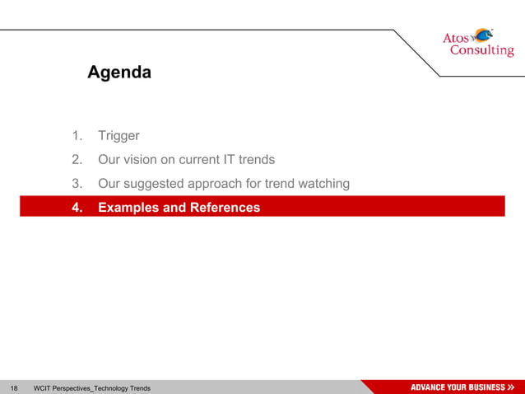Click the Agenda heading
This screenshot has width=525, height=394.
click(119, 73)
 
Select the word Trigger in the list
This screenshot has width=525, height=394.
click(118, 136)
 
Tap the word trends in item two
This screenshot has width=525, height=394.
click(257, 160)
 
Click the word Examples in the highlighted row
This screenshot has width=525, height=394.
click(128, 208)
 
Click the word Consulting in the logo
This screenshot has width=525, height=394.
click(481, 51)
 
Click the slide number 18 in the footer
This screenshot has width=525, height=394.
click(14, 387)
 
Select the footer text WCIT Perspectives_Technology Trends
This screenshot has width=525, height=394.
click(91, 387)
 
